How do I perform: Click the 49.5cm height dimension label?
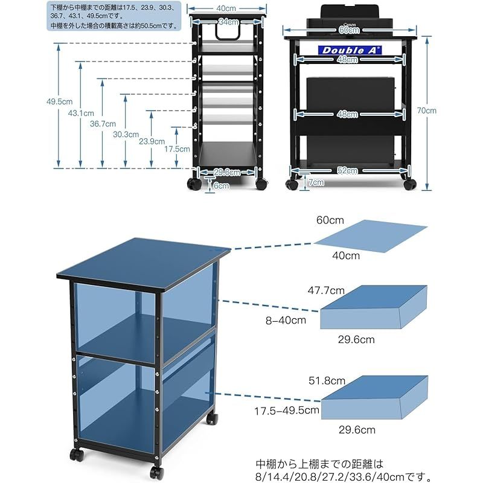click(59, 101)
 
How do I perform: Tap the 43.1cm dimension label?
click(81, 113)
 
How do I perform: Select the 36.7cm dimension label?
click(103, 124)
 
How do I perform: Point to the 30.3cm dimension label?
click(126, 134)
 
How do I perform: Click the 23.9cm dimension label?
click(152, 141)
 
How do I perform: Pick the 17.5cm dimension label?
click(177, 149)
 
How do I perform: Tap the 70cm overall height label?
click(427, 110)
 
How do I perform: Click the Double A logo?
click(350, 50)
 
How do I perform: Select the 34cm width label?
click(229, 22)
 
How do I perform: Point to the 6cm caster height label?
click(221, 186)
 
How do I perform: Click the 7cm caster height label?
click(316, 182)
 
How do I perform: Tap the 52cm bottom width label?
click(348, 170)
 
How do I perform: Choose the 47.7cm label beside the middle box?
click(326, 290)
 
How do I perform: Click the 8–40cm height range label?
click(286, 321)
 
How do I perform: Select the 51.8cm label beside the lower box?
click(327, 381)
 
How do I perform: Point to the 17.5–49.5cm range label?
click(287, 411)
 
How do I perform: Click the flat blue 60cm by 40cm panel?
click(371, 236)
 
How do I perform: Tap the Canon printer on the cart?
click(350, 21)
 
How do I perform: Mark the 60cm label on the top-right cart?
click(349, 30)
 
